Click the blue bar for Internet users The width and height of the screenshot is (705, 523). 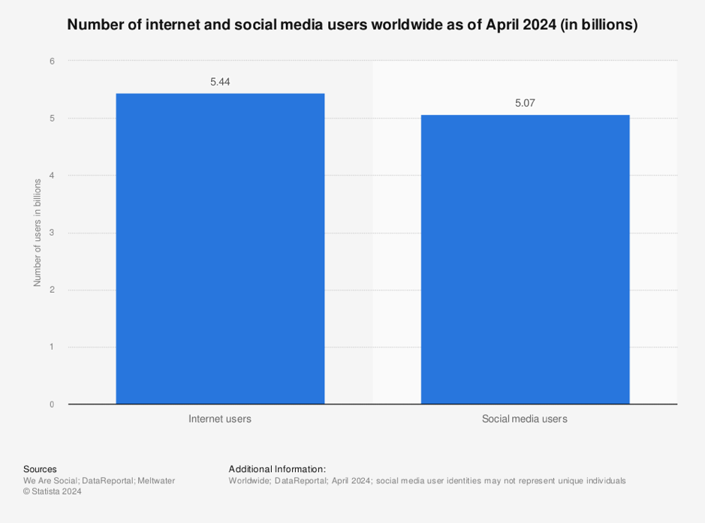click(x=220, y=248)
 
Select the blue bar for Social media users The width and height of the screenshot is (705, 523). click(x=525, y=259)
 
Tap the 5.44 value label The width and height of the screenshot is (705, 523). click(x=220, y=81)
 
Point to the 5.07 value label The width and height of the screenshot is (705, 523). click(x=525, y=103)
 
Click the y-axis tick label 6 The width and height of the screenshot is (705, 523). click(x=52, y=61)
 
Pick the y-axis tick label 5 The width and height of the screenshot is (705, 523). click(x=52, y=119)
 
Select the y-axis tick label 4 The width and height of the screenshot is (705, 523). click(x=52, y=176)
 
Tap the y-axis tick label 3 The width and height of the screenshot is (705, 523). click(x=52, y=233)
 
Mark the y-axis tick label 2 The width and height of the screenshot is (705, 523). click(x=52, y=290)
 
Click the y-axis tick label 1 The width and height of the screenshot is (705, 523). click(x=52, y=347)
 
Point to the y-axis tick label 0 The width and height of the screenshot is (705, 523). click(x=52, y=404)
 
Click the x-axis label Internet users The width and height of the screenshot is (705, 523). click(x=220, y=419)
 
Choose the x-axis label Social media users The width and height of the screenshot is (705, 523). click(x=525, y=419)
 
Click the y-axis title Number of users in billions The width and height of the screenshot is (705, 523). click(x=37, y=233)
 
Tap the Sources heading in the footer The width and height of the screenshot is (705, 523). click(x=40, y=469)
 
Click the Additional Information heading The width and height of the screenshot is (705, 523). click(x=277, y=469)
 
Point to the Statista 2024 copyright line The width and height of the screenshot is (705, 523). click(x=53, y=491)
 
